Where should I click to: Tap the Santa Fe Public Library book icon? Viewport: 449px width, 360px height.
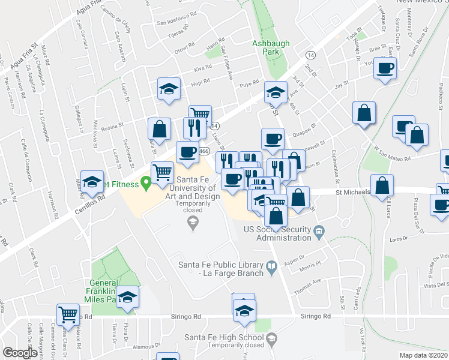coord(271,265)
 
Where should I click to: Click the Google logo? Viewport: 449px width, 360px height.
coord(20,353)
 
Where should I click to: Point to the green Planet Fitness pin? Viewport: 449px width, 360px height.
coord(145,182)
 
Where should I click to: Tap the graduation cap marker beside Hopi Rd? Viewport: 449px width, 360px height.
coord(169,90)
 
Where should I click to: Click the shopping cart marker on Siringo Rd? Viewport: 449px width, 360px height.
coord(68,314)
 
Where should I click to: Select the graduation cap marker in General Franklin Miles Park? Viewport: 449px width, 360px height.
coord(128,297)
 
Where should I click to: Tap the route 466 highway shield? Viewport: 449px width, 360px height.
coord(204,152)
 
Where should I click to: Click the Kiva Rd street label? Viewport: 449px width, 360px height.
coord(203,69)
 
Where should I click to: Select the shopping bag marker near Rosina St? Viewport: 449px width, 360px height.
coord(159,128)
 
